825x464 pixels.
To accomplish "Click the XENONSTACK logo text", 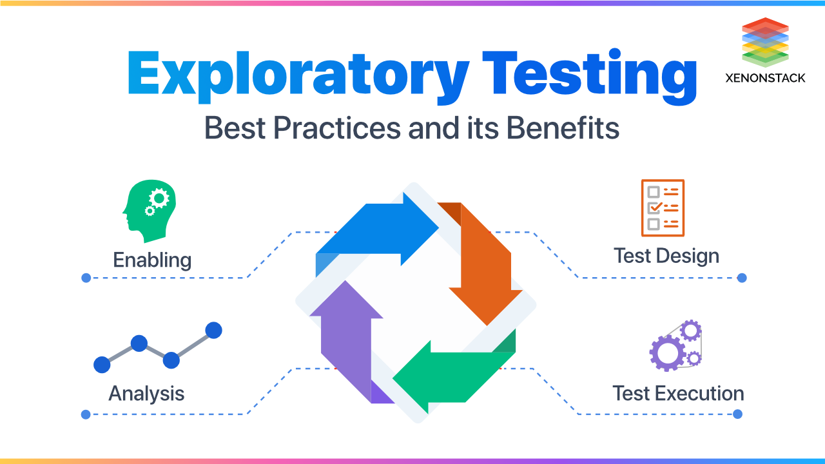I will pos(764,78).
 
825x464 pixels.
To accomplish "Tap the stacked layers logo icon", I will pos(765,43).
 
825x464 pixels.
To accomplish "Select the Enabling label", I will pos(152,260).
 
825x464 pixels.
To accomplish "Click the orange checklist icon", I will pos(663,208).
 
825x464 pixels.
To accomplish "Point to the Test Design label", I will pos(666,256).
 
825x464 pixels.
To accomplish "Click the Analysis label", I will pos(146,393).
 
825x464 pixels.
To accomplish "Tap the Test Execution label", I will pos(678,393).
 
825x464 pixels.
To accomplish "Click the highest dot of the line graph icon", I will pos(213,331).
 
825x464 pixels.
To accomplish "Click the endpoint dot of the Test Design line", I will pos(742,278).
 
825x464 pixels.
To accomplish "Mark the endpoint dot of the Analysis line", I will pos(86,414).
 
